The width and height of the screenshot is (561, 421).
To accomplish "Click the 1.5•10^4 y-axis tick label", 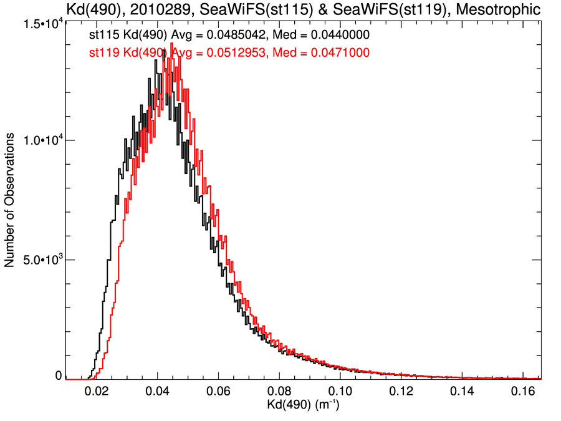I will pyautogui.click(x=41, y=23).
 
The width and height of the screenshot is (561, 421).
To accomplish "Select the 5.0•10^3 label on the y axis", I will pyautogui.click(x=41, y=259).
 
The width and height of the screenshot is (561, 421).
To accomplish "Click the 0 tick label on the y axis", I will pyautogui.click(x=59, y=375).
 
